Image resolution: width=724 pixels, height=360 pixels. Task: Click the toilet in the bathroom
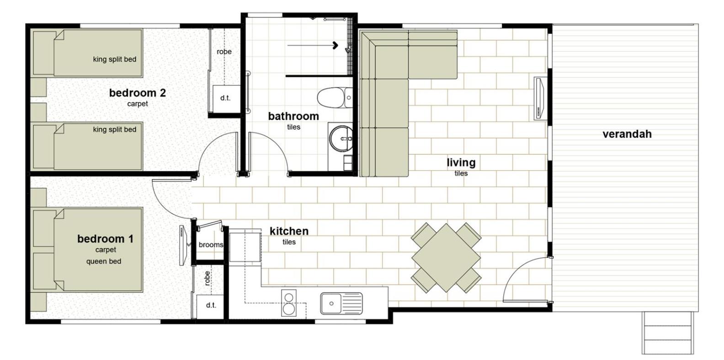click(x=335, y=98)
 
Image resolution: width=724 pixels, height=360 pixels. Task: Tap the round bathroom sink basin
click(x=341, y=138)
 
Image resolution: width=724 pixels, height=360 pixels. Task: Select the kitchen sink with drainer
click(x=341, y=303)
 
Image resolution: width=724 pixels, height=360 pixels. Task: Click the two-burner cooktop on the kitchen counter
click(x=288, y=303)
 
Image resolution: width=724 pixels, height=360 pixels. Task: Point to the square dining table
click(x=446, y=258)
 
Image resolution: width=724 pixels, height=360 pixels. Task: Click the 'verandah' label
click(x=627, y=134)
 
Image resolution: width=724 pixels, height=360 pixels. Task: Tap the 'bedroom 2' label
click(x=138, y=93)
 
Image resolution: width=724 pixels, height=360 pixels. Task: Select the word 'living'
click(x=461, y=162)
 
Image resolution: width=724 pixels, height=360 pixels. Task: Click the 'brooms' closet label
click(x=211, y=244)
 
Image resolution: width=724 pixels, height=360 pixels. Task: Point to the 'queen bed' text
click(x=104, y=261)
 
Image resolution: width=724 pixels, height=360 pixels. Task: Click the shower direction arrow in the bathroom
click(x=313, y=45)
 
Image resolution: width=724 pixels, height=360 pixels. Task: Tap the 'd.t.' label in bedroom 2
click(x=225, y=98)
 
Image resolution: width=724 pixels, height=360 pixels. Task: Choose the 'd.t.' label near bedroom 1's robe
click(x=211, y=305)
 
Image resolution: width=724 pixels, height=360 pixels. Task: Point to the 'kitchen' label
click(x=289, y=231)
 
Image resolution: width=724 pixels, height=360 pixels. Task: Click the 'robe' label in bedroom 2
click(x=224, y=52)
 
